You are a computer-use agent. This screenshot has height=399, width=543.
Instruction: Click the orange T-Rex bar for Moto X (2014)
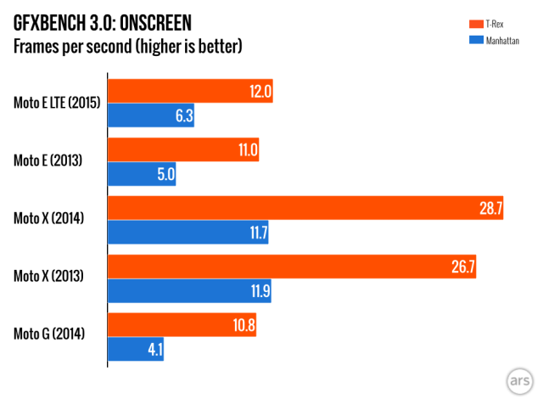305,208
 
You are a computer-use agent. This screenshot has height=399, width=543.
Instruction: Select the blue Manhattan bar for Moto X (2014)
188,231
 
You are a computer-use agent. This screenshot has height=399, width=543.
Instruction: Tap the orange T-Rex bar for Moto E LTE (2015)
190,93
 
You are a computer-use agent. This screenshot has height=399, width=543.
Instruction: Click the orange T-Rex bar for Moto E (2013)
183,151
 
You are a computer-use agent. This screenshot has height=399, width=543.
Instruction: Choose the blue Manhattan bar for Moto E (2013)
142,174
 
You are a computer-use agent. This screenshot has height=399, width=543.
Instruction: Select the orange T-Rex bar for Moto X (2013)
292,267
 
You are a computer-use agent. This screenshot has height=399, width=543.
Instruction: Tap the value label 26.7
463,267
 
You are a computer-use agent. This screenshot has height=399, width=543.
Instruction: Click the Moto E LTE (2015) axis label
58,104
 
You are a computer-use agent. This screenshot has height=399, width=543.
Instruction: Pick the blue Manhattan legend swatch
475,39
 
